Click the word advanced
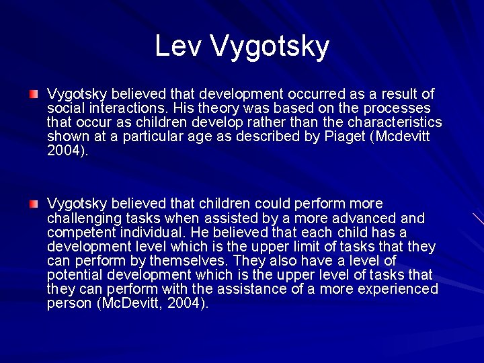coord(362,218)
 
